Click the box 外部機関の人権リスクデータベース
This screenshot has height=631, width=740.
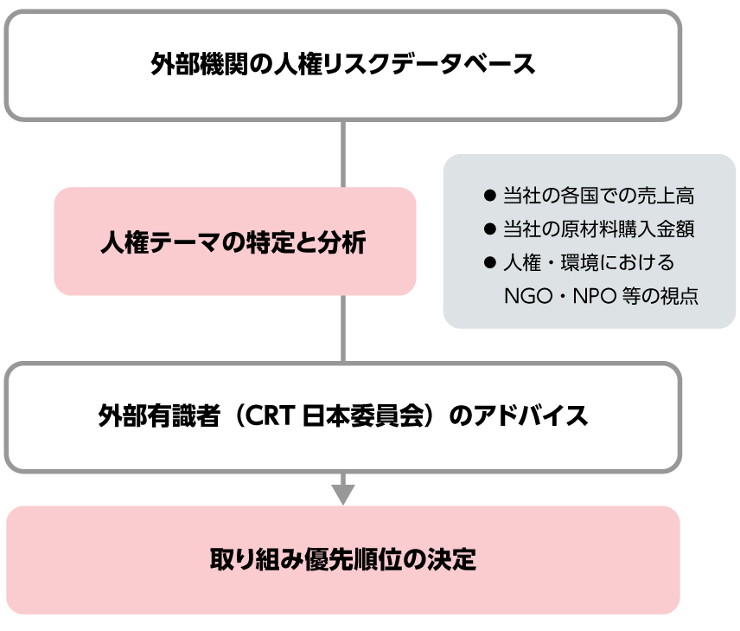tap(343, 65)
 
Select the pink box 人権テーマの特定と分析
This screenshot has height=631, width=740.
tap(235, 241)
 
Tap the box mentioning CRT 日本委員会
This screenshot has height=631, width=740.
tap(343, 417)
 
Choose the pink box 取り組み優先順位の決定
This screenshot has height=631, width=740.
tap(343, 560)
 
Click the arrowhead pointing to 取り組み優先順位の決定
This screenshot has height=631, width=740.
tap(343, 494)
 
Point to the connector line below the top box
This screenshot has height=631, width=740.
tap(343, 154)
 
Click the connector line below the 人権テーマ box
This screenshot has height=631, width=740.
tap(343, 329)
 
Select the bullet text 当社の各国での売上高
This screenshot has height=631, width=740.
tap(598, 196)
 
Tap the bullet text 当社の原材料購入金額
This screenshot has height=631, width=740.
tap(598, 229)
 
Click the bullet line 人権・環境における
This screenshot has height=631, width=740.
tap(589, 262)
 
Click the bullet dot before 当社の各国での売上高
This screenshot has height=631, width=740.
tap(490, 196)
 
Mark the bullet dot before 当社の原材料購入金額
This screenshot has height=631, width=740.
tap(490, 229)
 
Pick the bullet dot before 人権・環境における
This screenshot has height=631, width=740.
tap(490, 262)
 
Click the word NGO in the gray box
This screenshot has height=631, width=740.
tap(528, 296)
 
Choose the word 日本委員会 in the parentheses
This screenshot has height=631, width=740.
tap(363, 416)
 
